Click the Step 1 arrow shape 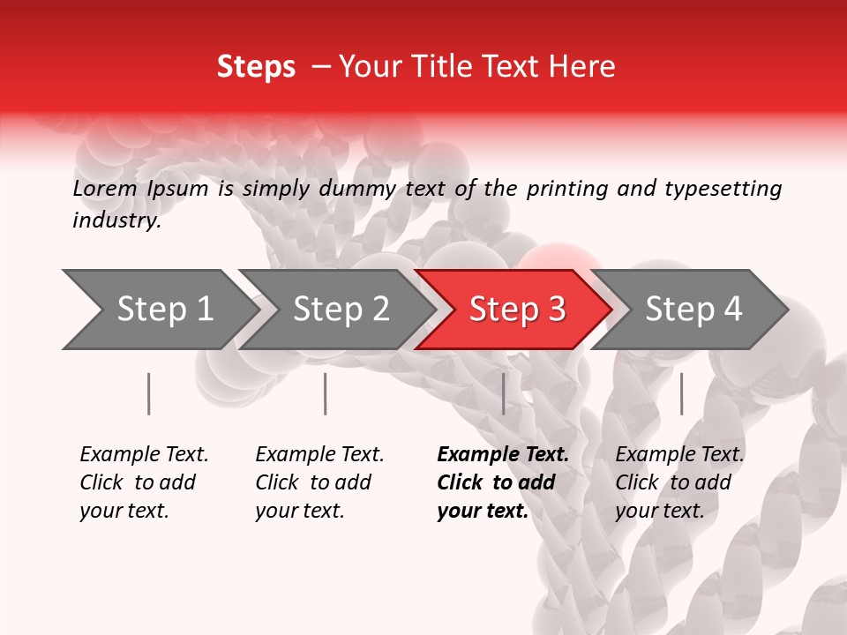coord(159,310)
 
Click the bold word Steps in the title coord(256,67)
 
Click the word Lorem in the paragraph coord(105,189)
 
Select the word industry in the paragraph coord(116,220)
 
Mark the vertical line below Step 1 coord(149,393)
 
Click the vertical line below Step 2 coord(326,393)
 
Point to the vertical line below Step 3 coord(504,393)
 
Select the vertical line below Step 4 coord(681,393)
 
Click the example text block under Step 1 coord(144,482)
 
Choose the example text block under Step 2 coord(319,482)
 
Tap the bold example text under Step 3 coord(502,482)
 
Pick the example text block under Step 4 coord(679,482)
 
